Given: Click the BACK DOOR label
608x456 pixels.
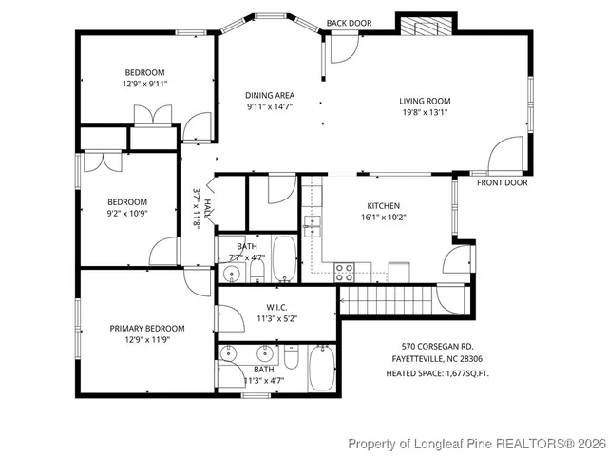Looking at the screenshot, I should pos(349,23).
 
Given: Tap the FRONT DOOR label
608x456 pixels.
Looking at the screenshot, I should pos(502,182).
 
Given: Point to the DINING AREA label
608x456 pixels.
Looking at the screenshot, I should pos(270,95).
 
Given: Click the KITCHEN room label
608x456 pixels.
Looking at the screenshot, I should pos(384,205).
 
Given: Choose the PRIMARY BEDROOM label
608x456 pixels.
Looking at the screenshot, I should pos(146,328).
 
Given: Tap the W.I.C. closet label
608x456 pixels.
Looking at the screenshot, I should pos(276,307).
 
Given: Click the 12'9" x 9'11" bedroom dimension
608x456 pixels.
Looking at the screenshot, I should pos(144,84).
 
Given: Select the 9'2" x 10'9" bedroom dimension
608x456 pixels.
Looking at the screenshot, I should pos(126,213).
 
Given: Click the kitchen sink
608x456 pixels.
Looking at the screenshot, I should pos(312,226).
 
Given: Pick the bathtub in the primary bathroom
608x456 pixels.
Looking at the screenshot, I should pos(322,369).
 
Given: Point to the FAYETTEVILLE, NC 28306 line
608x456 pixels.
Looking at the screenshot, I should pos(430,360).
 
